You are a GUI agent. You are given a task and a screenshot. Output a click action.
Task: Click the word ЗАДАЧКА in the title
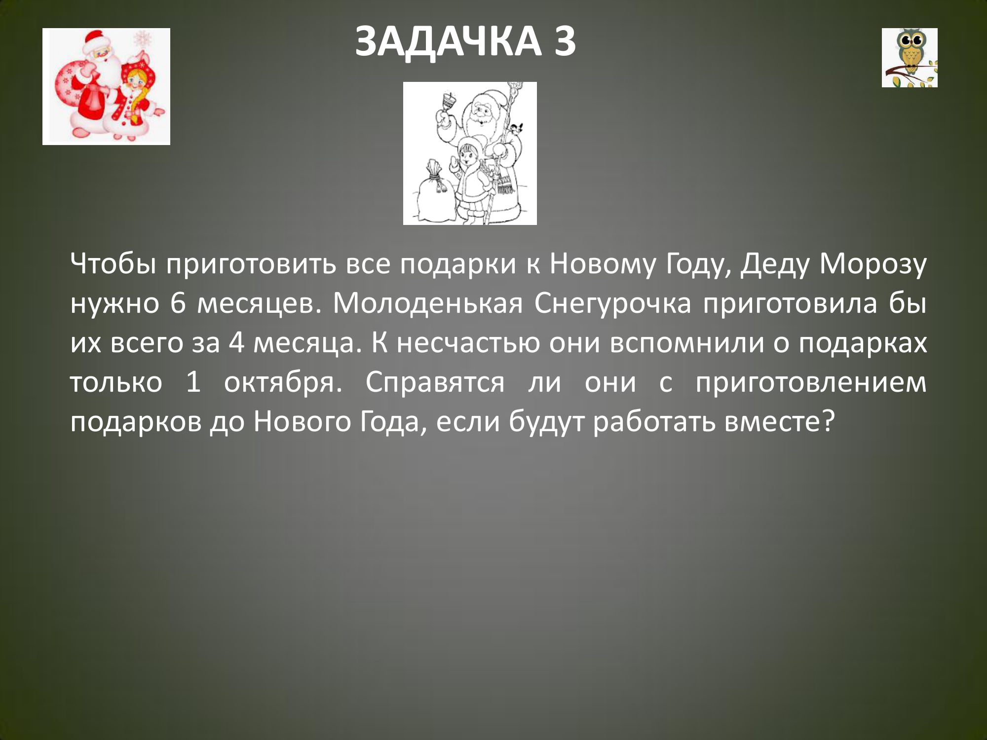point(448,42)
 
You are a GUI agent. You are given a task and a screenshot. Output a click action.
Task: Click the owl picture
point(910,58)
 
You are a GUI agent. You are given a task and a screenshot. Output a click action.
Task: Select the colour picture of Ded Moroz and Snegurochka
point(106,86)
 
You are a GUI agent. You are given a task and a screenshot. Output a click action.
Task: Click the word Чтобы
point(114,264)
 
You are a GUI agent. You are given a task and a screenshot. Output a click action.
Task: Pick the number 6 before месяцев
point(178,304)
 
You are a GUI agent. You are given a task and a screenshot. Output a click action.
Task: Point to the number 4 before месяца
point(236,343)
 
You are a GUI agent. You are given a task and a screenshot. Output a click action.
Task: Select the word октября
point(283,383)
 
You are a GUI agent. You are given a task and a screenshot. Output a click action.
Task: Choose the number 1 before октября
point(193,382)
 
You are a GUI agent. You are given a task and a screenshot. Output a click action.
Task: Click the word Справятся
point(435,383)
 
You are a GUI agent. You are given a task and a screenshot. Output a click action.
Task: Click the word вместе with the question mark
point(780,422)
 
